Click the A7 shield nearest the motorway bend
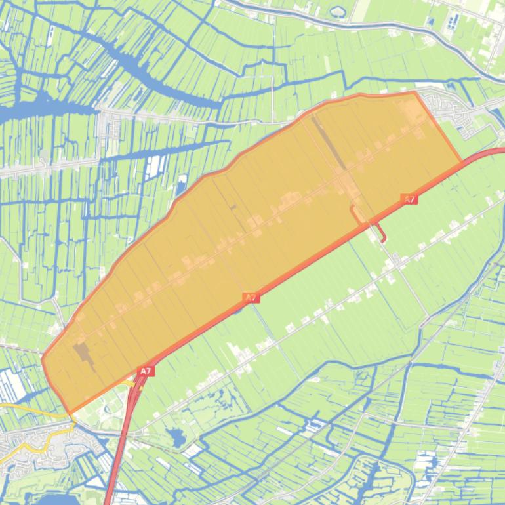click(x=146, y=371)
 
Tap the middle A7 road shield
click(x=251, y=298)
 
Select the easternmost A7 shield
click(x=409, y=199)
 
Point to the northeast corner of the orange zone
click(x=414, y=92)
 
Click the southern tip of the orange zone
click(x=70, y=413)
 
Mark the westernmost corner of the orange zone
click(x=43, y=358)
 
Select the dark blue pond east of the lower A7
click(x=176, y=435)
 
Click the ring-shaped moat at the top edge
click(x=338, y=11)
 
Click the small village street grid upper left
click(x=108, y=121)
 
